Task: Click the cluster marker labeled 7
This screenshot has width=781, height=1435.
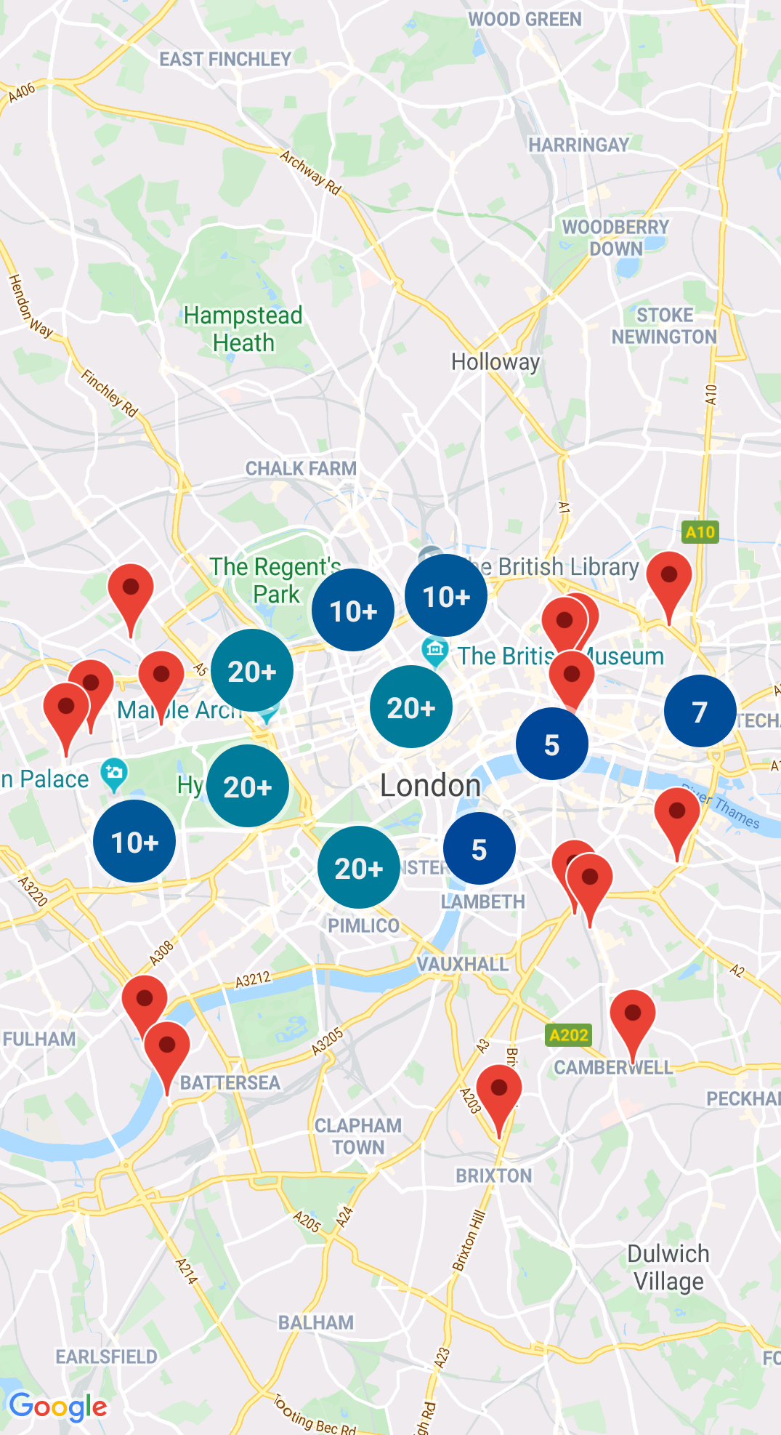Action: click(x=700, y=712)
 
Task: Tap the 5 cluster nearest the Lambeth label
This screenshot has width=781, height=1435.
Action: click(x=479, y=849)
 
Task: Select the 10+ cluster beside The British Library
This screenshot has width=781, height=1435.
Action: click(x=446, y=596)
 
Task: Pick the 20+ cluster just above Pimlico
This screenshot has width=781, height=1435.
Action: click(x=358, y=867)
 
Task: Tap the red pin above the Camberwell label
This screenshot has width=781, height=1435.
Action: click(x=632, y=1017)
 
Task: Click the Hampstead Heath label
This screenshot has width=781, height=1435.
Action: click(x=243, y=329)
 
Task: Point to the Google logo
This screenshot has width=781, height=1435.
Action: click(x=59, y=1407)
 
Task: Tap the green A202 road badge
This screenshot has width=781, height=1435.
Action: click(x=568, y=1034)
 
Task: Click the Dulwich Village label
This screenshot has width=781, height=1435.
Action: click(x=668, y=1267)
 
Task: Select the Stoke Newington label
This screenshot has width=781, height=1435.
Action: click(x=664, y=326)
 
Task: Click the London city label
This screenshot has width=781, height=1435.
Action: click(x=430, y=786)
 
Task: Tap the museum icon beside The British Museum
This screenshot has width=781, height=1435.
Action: click(x=435, y=651)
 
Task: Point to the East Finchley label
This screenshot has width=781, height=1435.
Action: click(x=225, y=59)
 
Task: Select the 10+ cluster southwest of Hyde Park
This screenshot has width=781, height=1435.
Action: click(x=134, y=842)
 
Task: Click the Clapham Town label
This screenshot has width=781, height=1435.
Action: click(x=358, y=1135)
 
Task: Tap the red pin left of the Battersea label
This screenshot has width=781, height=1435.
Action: click(x=167, y=1050)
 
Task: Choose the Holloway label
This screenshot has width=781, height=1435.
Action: click(x=495, y=361)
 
